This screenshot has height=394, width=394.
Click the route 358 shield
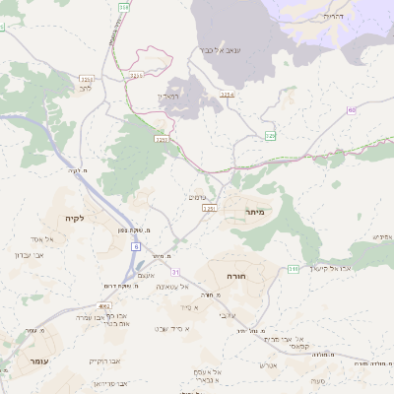click(x=270, y=136)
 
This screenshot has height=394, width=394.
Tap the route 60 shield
click(x=352, y=109)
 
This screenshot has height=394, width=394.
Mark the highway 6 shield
click(x=135, y=247)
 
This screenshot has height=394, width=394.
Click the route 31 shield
click(x=175, y=271)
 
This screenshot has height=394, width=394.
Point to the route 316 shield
click(x=123, y=7)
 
